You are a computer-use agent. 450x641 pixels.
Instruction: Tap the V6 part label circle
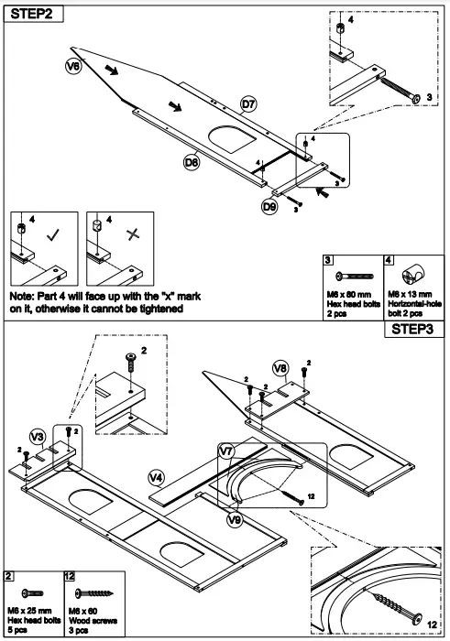click(x=74, y=66)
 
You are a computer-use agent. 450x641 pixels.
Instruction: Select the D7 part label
click(x=248, y=103)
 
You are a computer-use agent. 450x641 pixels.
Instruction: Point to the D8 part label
click(x=192, y=162)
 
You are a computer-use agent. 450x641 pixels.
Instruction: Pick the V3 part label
click(x=38, y=436)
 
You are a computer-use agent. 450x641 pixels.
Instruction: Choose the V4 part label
click(x=157, y=477)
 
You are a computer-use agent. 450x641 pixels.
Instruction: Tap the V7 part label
click(x=227, y=451)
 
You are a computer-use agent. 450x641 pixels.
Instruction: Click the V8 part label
click(x=281, y=368)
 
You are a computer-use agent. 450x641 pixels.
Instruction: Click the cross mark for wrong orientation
click(x=134, y=234)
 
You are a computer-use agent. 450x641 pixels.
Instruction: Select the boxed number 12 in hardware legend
click(x=70, y=575)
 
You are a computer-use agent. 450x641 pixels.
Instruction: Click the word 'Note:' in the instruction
click(x=25, y=298)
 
